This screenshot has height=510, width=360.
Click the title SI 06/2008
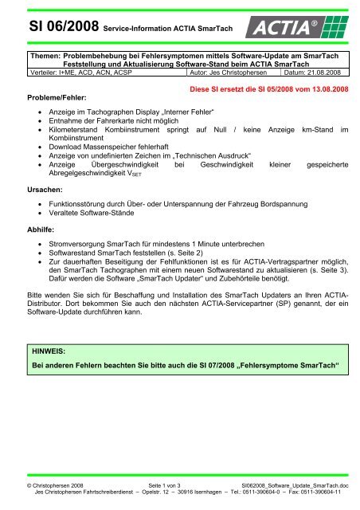(x=49, y=30)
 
